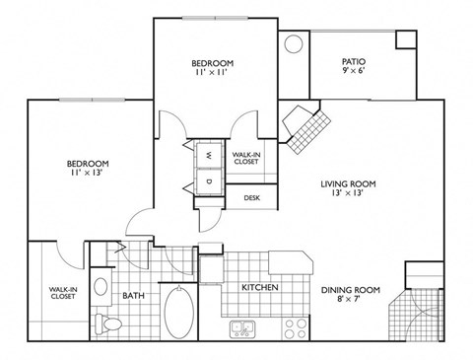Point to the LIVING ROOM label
[x=349, y=183]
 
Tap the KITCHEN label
[x=260, y=288]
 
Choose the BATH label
[x=134, y=294]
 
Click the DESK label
[x=251, y=198]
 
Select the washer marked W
[x=211, y=155]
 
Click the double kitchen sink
[x=242, y=326]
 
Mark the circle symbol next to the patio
[x=294, y=45]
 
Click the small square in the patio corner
[x=406, y=38]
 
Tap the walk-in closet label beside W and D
[x=245, y=158]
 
